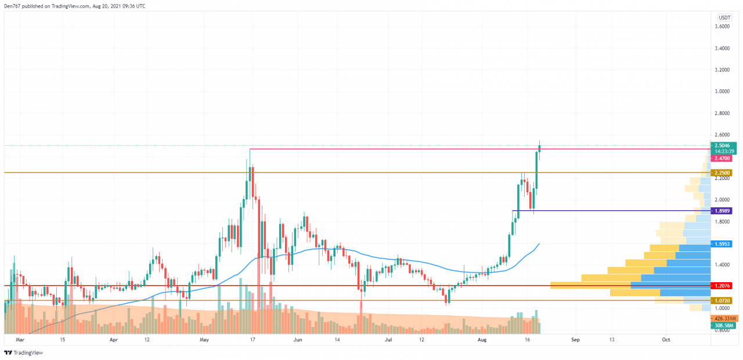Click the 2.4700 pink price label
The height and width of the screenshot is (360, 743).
click(722, 158)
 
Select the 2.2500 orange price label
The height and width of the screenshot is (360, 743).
click(722, 173)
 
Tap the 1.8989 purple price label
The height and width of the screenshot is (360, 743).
click(722, 211)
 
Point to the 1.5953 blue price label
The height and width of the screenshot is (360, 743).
click(722, 244)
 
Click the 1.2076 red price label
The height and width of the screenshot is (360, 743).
click(722, 286)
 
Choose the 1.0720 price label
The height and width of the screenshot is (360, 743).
click(722, 301)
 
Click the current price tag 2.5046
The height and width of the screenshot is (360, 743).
click(722, 145)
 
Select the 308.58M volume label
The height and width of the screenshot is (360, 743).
click(723, 326)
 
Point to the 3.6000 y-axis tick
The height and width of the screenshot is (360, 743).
click(722, 27)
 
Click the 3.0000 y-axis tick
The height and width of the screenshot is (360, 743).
click(722, 91)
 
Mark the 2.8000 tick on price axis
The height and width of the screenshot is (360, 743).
click(722, 113)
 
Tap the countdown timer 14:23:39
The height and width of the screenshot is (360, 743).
click(722, 151)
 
